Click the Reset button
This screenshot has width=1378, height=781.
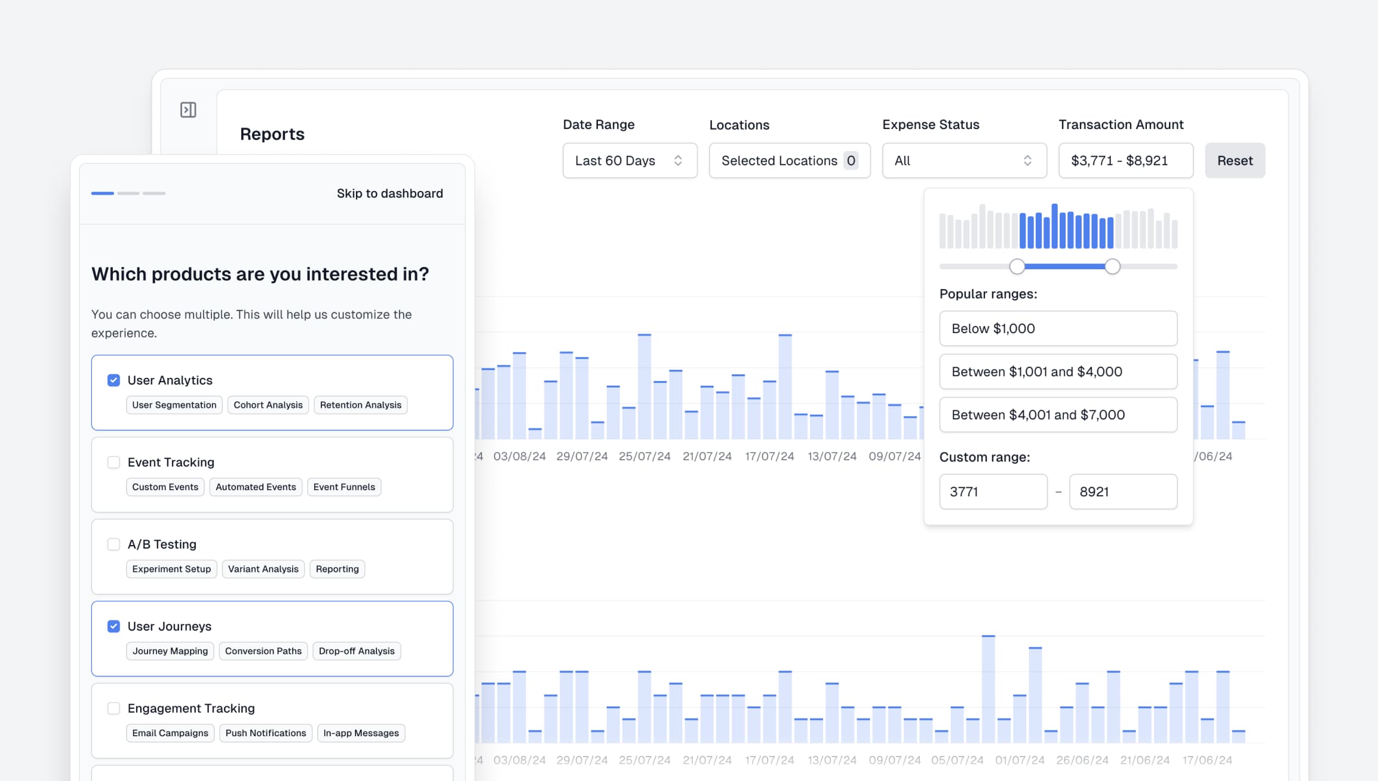pos(1235,161)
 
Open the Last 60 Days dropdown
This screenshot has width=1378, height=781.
pos(630,161)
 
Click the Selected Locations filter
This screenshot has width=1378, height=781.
pos(789,161)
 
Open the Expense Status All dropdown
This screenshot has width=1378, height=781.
pos(964,161)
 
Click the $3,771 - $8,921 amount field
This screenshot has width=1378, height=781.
pos(1125,161)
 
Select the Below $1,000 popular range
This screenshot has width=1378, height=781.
pos(1058,328)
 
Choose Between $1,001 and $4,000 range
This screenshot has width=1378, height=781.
pos(1058,371)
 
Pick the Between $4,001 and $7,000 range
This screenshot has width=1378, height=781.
pos(1058,415)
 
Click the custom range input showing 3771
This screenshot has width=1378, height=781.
pos(993,491)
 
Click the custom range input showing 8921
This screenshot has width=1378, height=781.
pos(1122,491)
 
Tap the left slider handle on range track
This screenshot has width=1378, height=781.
pos(1017,266)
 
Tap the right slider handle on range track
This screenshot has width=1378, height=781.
pos(1112,266)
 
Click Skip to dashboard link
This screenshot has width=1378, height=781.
pos(389,193)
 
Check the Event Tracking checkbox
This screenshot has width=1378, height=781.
pos(113,462)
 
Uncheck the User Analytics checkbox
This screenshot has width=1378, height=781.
pos(113,380)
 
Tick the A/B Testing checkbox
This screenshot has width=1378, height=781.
pos(113,544)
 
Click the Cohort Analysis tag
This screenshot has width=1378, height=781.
pos(268,405)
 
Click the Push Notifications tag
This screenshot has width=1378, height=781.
pos(265,733)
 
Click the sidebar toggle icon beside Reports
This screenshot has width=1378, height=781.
pos(188,110)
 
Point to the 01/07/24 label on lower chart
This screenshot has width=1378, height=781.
pos(1020,760)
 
